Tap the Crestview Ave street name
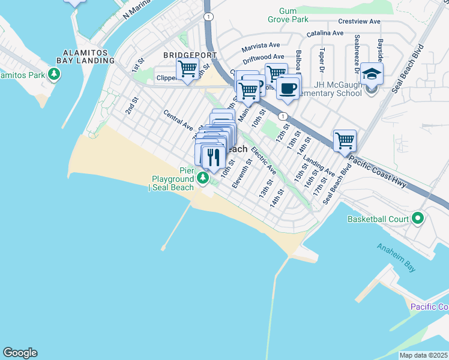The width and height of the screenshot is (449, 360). (x=359, y=22)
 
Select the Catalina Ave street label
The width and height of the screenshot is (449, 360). (x=325, y=34)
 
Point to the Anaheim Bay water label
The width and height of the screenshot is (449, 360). (x=396, y=258)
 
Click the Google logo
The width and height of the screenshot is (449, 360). (x=20, y=353)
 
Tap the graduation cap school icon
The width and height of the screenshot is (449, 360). (x=372, y=74)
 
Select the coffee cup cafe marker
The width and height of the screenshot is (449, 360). (x=289, y=88)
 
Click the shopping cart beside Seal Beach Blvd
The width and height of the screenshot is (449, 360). (x=345, y=141)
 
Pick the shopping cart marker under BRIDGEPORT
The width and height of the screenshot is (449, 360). (x=188, y=69)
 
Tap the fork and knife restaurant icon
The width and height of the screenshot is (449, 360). (x=214, y=157)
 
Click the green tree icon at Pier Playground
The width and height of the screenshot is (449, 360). (x=203, y=178)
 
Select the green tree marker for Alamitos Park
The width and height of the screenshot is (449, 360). (x=55, y=75)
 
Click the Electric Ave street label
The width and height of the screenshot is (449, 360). (x=264, y=157)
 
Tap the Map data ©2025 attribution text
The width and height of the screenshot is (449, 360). (x=423, y=355)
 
